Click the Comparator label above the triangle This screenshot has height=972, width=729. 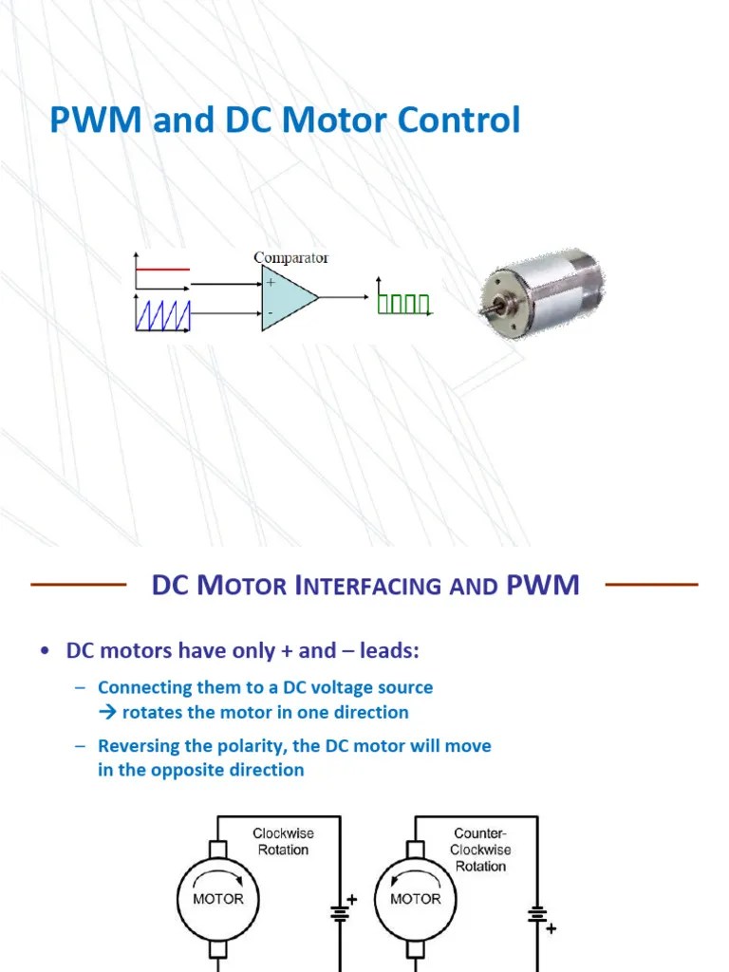290,257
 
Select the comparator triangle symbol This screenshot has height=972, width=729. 287,298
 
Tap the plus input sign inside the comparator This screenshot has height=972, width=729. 271,283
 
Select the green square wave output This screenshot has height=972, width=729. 404,303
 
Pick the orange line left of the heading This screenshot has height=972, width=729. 79,585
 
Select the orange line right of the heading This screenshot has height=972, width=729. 651,585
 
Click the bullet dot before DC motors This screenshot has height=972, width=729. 45,651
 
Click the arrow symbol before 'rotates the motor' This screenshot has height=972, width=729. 105,712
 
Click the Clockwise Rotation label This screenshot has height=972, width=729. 283,841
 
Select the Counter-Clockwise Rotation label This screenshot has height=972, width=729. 480,849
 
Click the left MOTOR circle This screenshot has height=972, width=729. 218,899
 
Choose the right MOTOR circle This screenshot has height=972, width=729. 416,899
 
